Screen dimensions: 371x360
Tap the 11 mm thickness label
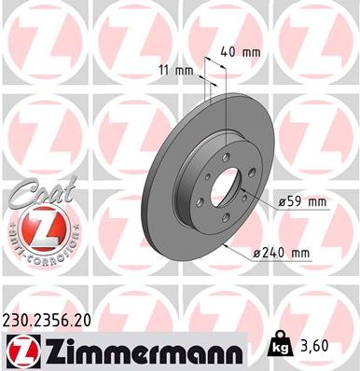pos(175,69)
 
